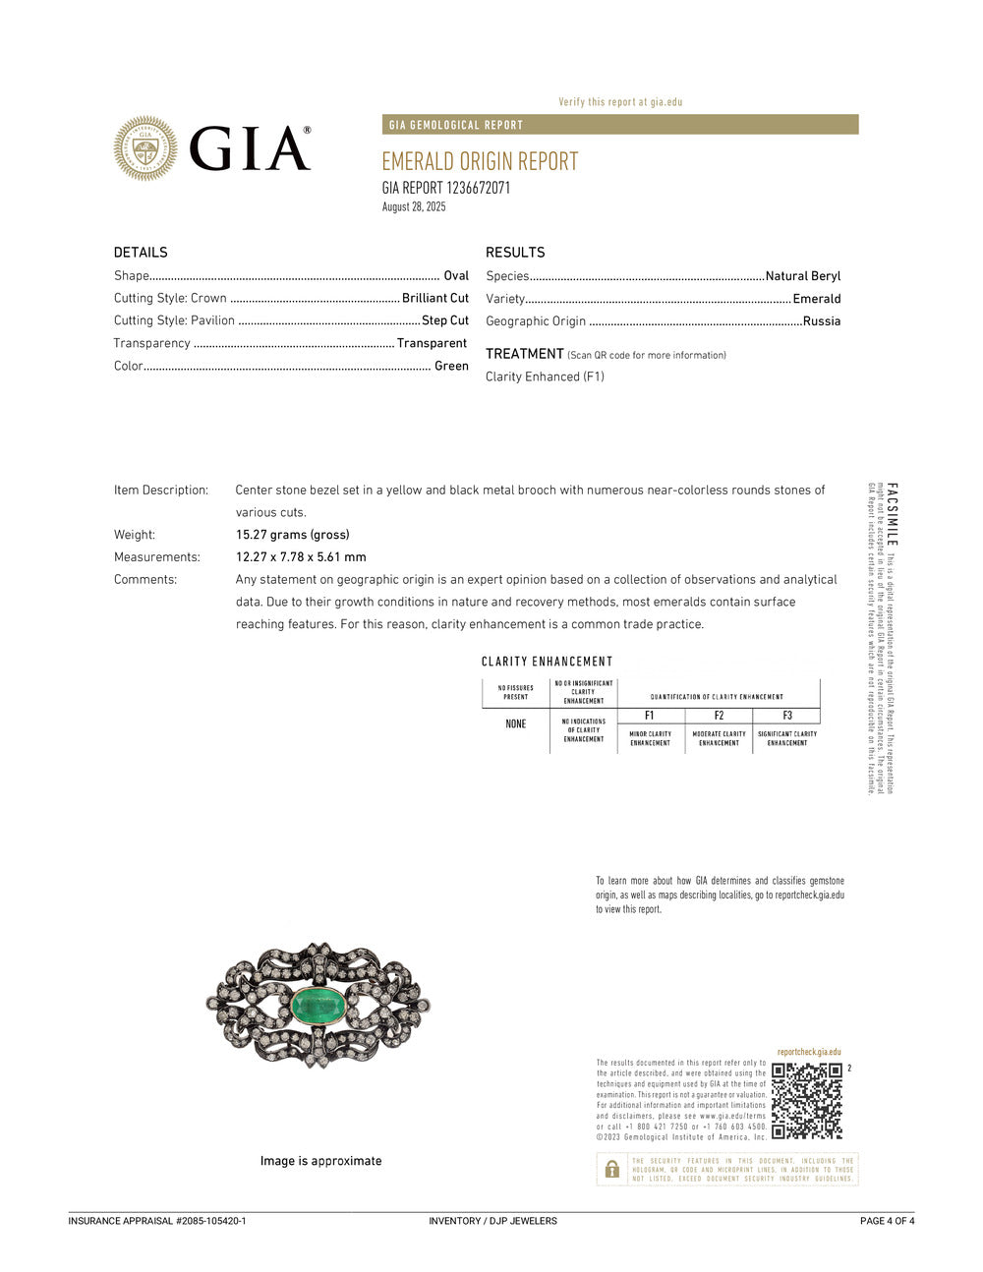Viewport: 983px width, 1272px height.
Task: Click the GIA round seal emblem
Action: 145,148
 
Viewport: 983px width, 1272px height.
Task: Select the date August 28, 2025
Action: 414,206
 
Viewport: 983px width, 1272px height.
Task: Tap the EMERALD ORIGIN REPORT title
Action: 480,161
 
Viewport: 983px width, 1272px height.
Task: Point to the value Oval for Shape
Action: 456,276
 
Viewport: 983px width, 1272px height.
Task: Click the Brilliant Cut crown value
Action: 435,298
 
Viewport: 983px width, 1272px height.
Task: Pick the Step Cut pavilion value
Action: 445,320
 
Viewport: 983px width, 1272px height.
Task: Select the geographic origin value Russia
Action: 822,320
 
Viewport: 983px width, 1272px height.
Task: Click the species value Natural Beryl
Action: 803,276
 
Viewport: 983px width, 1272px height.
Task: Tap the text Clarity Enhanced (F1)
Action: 545,376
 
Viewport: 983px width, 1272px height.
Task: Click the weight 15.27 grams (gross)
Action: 292,535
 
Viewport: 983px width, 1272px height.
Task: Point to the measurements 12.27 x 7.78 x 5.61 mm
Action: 301,557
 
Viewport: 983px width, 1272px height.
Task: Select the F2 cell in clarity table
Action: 719,716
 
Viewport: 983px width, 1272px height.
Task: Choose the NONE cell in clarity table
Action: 516,724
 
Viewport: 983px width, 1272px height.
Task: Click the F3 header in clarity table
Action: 787,716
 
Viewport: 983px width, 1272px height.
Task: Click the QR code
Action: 807,1101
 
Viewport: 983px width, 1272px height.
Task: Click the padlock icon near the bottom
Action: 612,1169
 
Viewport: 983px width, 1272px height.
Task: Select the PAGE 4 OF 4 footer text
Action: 887,1221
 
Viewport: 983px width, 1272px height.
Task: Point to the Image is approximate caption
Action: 320,1161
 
